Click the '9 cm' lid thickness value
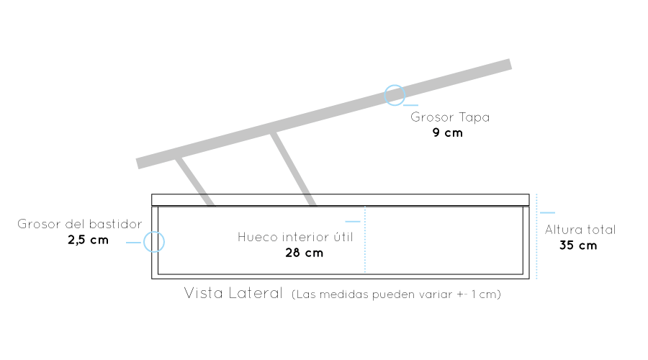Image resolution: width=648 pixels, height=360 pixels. click(x=448, y=132)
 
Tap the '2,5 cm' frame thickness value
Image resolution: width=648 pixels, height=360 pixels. click(x=88, y=240)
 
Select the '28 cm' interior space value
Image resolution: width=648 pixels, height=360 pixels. click(x=304, y=253)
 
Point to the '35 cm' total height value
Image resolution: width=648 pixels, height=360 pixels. click(x=578, y=246)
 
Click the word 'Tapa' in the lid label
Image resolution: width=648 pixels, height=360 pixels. click(x=474, y=118)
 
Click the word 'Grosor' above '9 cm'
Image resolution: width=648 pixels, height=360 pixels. click(x=432, y=117)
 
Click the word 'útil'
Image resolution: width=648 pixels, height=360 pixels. click(x=343, y=237)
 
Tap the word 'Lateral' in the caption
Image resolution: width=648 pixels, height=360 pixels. click(x=256, y=293)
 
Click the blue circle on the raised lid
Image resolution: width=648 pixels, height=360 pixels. click(x=395, y=96)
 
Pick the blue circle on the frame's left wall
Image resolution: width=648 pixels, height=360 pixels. click(x=154, y=242)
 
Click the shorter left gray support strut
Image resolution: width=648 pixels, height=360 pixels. click(x=194, y=181)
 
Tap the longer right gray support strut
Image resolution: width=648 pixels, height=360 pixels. click(x=293, y=168)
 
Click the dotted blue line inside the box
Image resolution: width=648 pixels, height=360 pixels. click(x=365, y=240)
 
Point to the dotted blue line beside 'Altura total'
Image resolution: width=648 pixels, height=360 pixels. click(x=536, y=236)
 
